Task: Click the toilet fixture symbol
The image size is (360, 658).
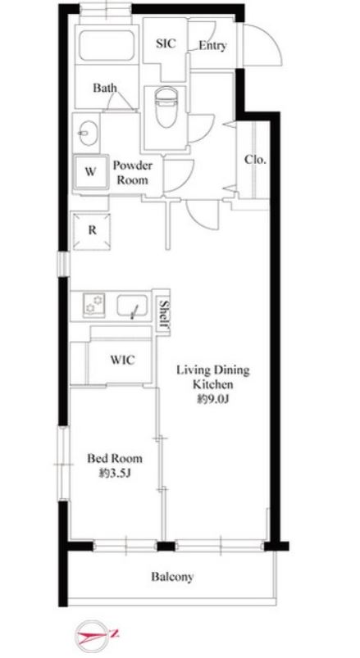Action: point(166,107)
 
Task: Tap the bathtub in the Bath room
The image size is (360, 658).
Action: point(107,45)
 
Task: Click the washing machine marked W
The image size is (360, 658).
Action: point(90,172)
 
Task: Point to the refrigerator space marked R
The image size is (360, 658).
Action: point(92,231)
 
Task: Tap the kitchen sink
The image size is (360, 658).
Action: point(132,306)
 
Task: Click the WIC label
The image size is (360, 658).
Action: point(123,360)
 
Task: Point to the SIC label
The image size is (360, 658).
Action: point(166,43)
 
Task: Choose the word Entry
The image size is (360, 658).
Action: point(212,45)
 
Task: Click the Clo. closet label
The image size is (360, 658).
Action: point(256,160)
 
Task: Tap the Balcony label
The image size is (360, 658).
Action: point(172,577)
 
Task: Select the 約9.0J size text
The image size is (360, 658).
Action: point(213,399)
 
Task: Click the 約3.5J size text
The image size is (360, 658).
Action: point(115,474)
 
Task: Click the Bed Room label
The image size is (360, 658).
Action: point(114,458)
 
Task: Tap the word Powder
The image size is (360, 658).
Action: point(133,166)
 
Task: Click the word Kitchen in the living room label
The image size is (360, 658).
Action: point(213,384)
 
